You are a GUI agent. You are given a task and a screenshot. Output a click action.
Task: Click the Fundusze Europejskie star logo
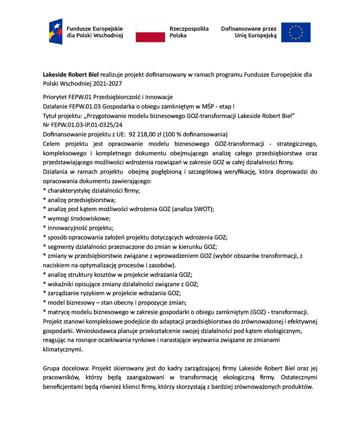coord(55,31)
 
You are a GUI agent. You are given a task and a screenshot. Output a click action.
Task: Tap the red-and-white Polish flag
coord(150,32)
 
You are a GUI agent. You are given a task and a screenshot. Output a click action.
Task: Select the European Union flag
coord(296,32)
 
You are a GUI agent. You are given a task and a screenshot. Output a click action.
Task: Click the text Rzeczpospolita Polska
coord(189,32)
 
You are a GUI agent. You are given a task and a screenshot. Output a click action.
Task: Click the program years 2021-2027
coord(106,84)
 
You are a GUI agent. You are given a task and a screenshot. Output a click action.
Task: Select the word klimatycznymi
coord(62,349)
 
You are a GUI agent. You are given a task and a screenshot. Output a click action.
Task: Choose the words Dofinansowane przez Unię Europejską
coord(248,32)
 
